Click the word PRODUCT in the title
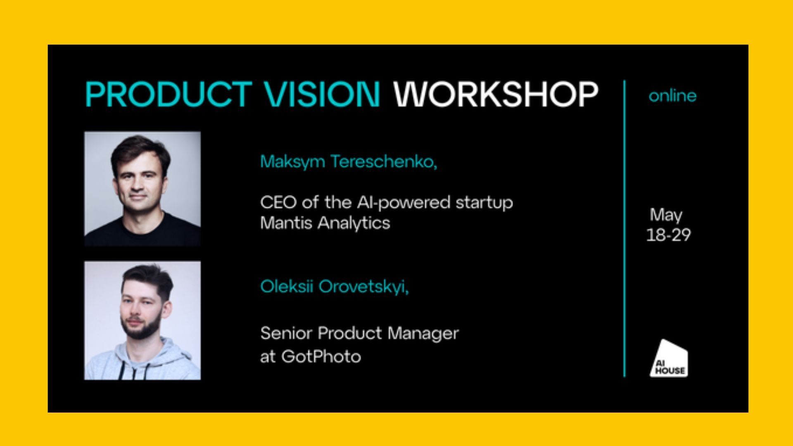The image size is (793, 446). [169, 94]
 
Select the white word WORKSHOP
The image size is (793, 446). [496, 94]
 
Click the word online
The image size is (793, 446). [672, 96]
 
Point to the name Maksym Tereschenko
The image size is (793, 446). [348, 161]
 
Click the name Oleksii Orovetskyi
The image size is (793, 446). [334, 287]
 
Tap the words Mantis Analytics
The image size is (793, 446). [325, 223]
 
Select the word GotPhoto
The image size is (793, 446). [321, 356]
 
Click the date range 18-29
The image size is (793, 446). [668, 235]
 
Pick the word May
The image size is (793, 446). [666, 215]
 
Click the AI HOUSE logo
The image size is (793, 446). [669, 358]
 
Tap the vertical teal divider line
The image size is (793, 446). [624, 228]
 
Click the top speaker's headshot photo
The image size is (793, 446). [142, 189]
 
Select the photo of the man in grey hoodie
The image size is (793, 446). [142, 320]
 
